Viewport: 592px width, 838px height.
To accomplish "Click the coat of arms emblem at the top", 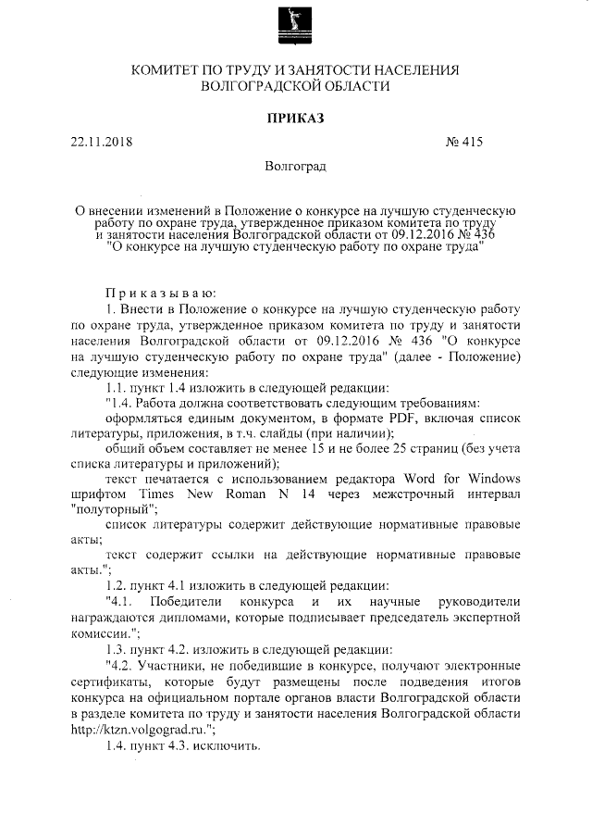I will (296, 26).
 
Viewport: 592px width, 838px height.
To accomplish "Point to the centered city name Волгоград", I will (295, 168).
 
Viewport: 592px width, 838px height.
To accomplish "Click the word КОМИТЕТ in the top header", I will (175, 70).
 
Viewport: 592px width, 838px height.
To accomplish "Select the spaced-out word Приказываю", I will (160, 292).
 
